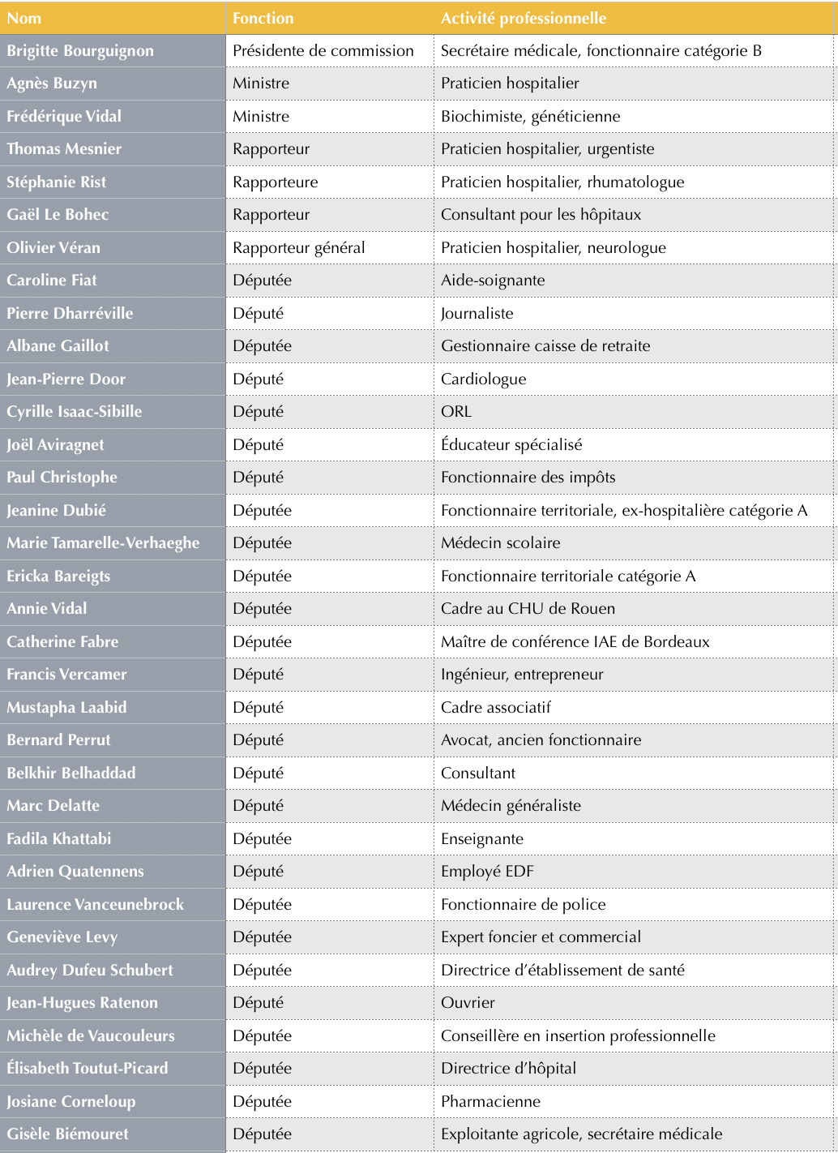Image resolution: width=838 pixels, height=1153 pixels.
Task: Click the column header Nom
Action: [x=24, y=18]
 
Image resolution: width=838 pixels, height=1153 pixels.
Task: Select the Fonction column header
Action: [x=263, y=18]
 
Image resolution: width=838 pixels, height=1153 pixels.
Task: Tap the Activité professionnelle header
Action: [x=524, y=18]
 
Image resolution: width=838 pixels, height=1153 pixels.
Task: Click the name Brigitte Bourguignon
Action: [x=80, y=50]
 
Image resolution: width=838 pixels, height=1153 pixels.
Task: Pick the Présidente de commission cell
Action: [x=323, y=50]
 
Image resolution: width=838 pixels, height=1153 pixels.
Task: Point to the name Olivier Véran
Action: [x=53, y=247]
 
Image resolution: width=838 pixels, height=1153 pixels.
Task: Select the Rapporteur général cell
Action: [x=299, y=247]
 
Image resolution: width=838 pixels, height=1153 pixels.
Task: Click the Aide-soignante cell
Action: [x=493, y=280]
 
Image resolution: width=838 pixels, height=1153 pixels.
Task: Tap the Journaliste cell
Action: [x=477, y=313]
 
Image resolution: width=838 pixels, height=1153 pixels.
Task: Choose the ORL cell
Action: [x=456, y=411]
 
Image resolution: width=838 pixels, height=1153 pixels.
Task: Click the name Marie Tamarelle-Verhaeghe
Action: [x=103, y=542]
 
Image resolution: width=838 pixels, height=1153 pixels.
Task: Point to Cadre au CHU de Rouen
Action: [x=528, y=608]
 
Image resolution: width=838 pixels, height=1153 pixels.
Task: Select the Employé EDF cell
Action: [x=487, y=871]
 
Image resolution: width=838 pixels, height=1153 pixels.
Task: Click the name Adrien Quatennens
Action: [x=75, y=871]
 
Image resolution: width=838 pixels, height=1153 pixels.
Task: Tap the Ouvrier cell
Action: [x=468, y=1002]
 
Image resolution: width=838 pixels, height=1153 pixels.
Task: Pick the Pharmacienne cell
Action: [x=490, y=1101]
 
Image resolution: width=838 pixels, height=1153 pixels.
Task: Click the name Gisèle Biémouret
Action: [x=68, y=1134]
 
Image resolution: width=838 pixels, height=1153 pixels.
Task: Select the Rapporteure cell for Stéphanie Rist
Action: [x=276, y=182]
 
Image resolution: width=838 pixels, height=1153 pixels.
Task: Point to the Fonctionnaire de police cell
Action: [x=523, y=904]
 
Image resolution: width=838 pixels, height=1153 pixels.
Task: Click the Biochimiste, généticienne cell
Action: [x=530, y=116]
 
